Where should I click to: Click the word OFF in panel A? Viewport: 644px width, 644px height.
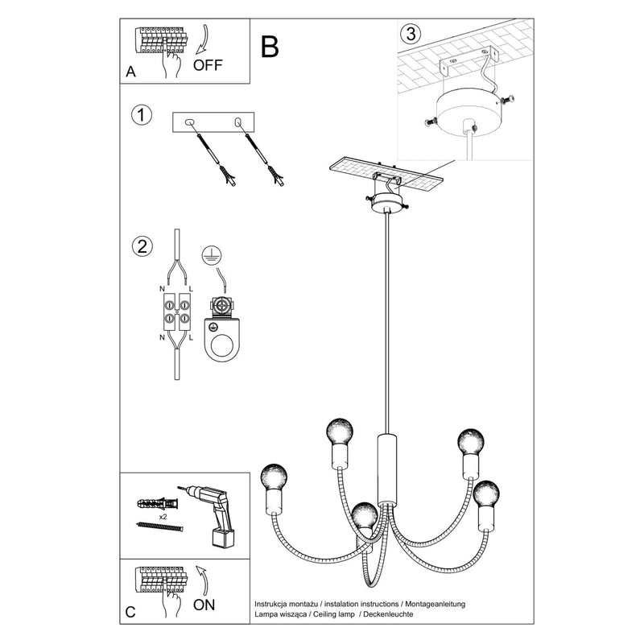(x=208, y=65)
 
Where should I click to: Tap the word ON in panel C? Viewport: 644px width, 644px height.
(x=204, y=605)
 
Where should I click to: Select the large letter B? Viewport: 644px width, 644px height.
(x=270, y=47)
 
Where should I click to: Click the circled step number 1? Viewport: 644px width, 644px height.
(x=142, y=115)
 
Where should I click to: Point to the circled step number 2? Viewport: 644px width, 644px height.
(x=142, y=246)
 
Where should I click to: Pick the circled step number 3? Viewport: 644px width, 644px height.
(x=411, y=33)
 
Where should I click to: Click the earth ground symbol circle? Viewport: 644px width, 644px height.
(x=212, y=255)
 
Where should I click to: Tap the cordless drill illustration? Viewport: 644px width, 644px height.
(x=212, y=516)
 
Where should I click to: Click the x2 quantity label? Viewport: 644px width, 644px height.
(x=163, y=517)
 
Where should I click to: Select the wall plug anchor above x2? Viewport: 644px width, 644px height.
(x=158, y=503)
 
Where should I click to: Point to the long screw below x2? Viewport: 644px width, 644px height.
(x=159, y=526)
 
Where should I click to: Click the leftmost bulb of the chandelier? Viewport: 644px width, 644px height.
(x=274, y=477)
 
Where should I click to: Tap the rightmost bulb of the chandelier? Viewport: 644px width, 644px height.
(x=486, y=494)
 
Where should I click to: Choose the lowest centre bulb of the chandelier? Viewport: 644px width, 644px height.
(x=365, y=515)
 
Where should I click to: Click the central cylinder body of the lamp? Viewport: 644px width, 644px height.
(x=387, y=469)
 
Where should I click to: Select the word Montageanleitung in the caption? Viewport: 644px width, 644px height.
(x=436, y=604)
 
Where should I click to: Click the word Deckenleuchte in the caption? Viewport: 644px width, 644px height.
(x=388, y=614)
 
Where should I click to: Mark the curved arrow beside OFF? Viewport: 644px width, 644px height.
(x=202, y=39)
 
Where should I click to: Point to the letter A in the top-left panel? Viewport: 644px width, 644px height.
(x=130, y=72)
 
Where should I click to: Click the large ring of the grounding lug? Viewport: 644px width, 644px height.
(x=222, y=344)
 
